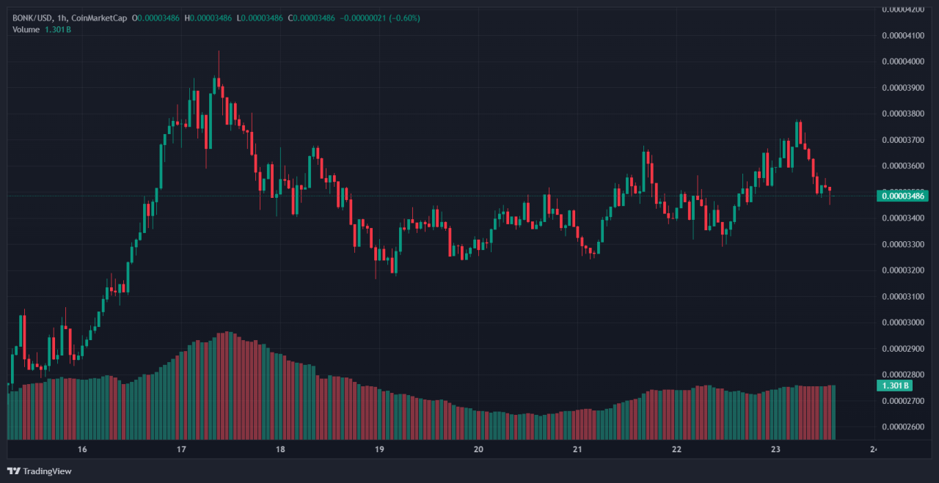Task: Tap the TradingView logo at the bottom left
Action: point(40,471)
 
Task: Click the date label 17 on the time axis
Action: point(181,449)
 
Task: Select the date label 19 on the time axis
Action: point(379,449)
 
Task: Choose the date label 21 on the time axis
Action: point(577,449)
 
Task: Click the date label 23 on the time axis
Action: point(775,449)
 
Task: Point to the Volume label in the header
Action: point(26,29)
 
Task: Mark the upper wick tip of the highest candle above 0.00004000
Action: point(219,51)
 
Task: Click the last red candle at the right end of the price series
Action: point(830,189)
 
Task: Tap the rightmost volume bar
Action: point(833,410)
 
